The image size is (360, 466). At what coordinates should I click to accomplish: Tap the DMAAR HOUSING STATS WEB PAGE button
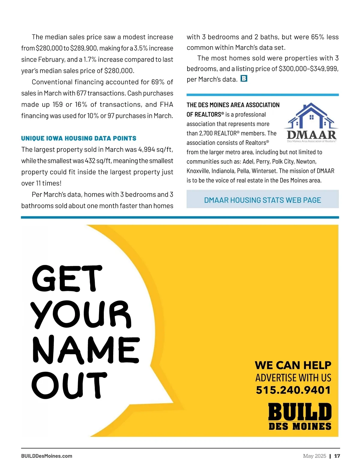262,200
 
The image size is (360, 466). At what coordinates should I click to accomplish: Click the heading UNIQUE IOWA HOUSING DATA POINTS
79,138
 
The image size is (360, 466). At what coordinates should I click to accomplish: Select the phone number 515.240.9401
293,390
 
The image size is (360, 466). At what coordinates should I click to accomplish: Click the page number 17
337,456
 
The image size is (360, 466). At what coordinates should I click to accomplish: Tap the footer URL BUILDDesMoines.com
46,456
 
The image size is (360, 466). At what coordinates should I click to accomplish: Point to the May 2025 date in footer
314,456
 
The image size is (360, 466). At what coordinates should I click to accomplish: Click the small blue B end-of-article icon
244,79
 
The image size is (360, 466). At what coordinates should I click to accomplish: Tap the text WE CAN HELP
293,365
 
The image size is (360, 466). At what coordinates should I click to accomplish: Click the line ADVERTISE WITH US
293,377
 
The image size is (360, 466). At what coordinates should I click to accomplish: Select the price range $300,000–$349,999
308,69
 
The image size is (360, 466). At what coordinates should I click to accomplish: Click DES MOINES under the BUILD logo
300,426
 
